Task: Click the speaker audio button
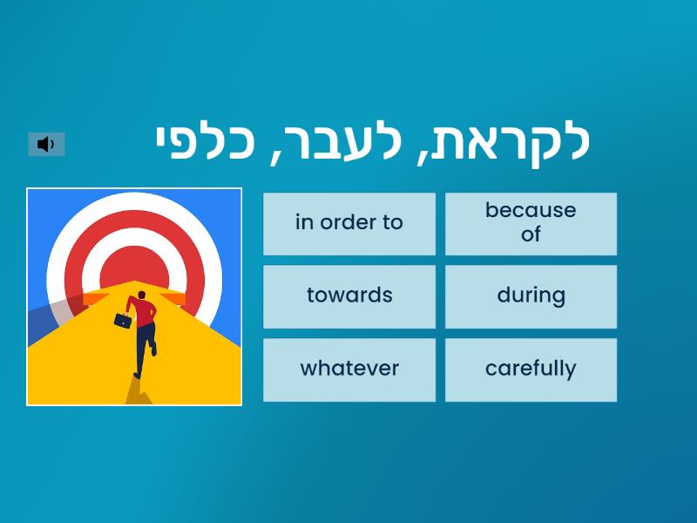tap(46, 144)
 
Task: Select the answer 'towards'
tap(349, 296)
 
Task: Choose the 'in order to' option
tap(349, 224)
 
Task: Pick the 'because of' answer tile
tap(531, 224)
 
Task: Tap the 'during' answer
tap(531, 296)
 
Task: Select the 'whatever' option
tap(349, 370)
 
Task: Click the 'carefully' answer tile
tap(531, 370)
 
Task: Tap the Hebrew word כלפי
tap(205, 142)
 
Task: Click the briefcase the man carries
tap(123, 320)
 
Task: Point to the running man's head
tap(141, 295)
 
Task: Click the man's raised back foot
tap(154, 350)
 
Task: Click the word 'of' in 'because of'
tap(531, 234)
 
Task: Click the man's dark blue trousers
tap(145, 344)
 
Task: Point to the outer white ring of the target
tap(134, 201)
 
